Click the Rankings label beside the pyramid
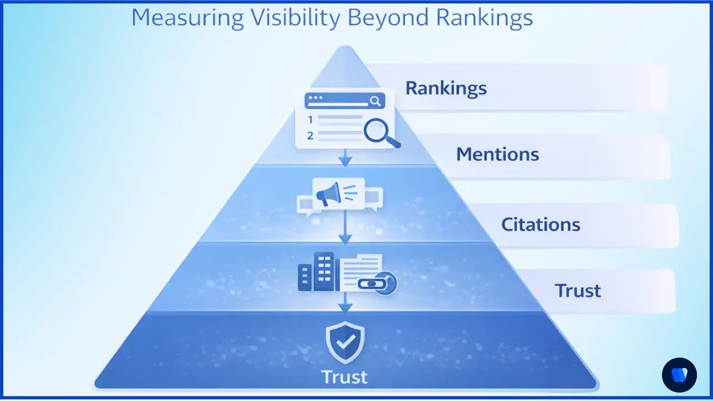pyautogui.click(x=446, y=88)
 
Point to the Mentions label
pyautogui.click(x=497, y=154)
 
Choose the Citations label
pyautogui.click(x=540, y=224)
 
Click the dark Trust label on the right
pyautogui.click(x=578, y=291)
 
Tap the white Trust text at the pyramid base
pyautogui.click(x=345, y=377)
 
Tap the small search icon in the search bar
pyautogui.click(x=375, y=101)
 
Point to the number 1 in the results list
pyautogui.click(x=310, y=119)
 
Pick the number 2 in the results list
pyautogui.click(x=310, y=135)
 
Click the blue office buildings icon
pyautogui.click(x=316, y=272)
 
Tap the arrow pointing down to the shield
pyautogui.click(x=345, y=304)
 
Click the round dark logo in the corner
pyautogui.click(x=679, y=374)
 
